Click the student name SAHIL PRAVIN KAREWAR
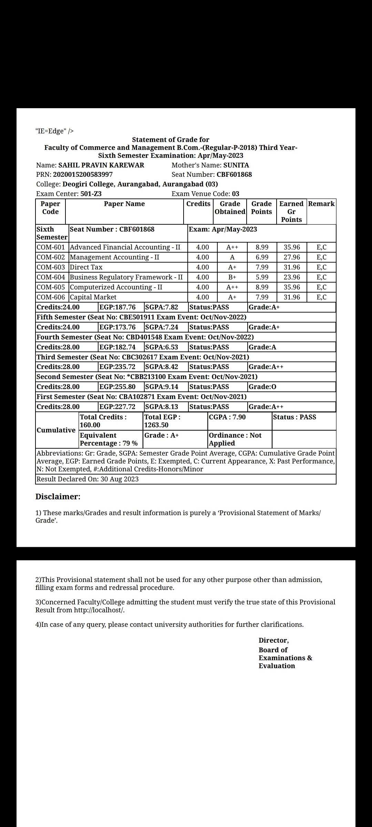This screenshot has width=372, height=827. pyautogui.click(x=101, y=165)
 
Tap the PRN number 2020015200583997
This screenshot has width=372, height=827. pyautogui.click(x=83, y=174)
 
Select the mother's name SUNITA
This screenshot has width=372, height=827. pyautogui.click(x=236, y=165)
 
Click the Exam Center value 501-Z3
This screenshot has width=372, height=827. pyautogui.click(x=91, y=194)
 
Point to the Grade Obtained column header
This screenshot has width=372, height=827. pyautogui.click(x=230, y=208)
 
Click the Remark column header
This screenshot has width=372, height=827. pyautogui.click(x=321, y=204)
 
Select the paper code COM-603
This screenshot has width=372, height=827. pyautogui.click(x=51, y=267)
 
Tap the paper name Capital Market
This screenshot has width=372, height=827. pyautogui.click(x=93, y=297)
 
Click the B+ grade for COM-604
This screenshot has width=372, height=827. pyautogui.click(x=232, y=277)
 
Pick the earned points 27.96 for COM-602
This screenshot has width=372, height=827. pyautogui.click(x=292, y=257)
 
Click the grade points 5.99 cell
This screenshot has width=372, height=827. pyautogui.click(x=262, y=277)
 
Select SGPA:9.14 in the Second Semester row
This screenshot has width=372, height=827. pyautogui.click(x=162, y=387)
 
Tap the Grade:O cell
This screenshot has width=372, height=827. pyautogui.click(x=262, y=387)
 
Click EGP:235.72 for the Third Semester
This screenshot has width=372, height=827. pyautogui.click(x=117, y=367)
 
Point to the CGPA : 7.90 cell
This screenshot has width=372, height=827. pyautogui.click(x=227, y=417)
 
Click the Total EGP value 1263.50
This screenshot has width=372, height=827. pyautogui.click(x=156, y=425)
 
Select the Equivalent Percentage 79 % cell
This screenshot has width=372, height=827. pyautogui.click(x=108, y=439)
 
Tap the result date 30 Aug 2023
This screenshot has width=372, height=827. pyautogui.click(x=120, y=479)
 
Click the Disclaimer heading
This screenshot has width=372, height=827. pyautogui.click(x=58, y=497)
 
